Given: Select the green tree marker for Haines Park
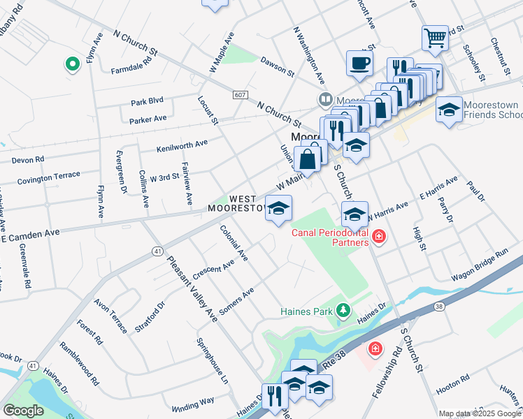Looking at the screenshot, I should point(343,309).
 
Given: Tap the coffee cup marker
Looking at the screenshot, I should point(360,63).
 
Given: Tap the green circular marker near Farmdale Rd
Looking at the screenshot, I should point(71,65).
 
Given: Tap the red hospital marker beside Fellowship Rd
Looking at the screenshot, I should point(375,347).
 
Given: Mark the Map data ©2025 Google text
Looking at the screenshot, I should point(480,413).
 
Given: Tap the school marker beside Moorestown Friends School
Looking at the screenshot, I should point(449,110).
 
